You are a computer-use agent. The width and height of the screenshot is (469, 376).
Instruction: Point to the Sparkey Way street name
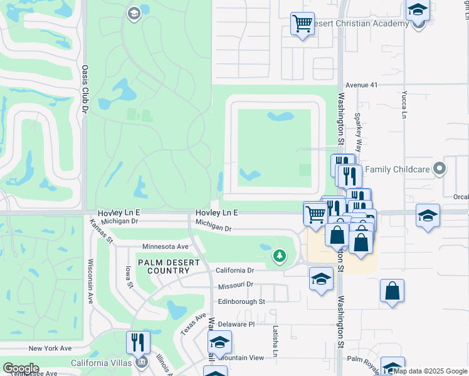[x=359, y=133]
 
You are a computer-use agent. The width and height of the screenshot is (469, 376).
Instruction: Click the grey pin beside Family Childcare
[x=440, y=169]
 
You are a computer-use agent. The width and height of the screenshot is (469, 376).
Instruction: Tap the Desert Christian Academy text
[x=360, y=24]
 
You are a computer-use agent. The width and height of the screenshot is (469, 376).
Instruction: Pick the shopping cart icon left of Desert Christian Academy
[x=302, y=24]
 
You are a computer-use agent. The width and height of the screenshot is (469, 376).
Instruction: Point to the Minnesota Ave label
[x=166, y=247]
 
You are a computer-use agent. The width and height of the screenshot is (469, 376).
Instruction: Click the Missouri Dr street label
[x=235, y=285]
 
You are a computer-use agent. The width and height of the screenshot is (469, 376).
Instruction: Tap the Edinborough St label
[x=241, y=301]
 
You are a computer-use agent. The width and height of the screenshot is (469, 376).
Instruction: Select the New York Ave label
[x=50, y=348]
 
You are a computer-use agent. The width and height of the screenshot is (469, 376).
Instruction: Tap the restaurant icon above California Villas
[x=138, y=342]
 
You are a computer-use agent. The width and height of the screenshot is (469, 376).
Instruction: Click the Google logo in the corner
[x=21, y=368]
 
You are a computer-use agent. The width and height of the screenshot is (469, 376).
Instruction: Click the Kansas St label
[x=101, y=231]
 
